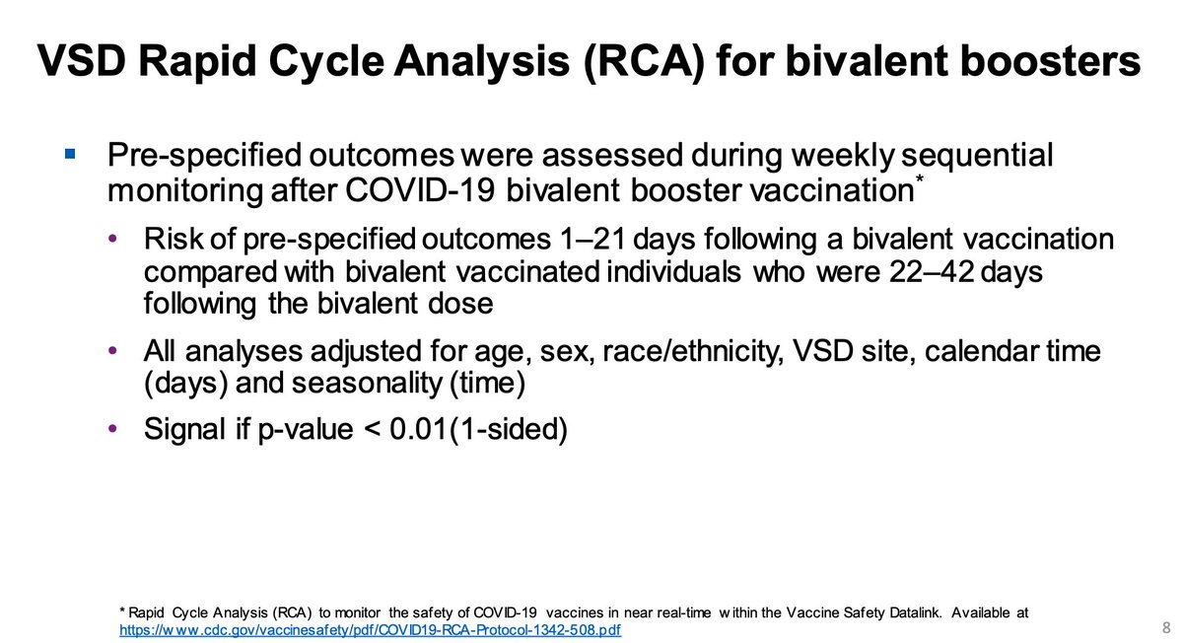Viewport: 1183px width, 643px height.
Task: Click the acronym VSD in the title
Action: tap(82, 61)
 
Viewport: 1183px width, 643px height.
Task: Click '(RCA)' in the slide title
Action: tap(645, 62)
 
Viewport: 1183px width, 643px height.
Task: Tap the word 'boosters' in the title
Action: tap(963, 61)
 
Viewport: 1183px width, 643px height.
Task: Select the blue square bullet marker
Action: tap(70, 154)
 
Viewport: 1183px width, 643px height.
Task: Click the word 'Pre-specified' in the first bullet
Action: tap(204, 156)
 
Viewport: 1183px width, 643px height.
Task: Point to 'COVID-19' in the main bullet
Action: tap(420, 190)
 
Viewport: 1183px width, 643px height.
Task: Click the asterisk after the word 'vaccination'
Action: tap(920, 179)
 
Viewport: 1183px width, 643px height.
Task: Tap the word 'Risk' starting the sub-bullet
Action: tap(174, 239)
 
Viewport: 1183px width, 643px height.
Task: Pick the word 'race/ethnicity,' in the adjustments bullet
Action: tap(692, 351)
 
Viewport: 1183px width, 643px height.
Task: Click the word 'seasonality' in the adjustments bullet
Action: tap(367, 383)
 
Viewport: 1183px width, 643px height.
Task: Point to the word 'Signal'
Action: tap(184, 428)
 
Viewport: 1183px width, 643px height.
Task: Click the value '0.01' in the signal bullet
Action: tap(418, 428)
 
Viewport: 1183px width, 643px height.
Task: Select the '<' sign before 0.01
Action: tap(373, 429)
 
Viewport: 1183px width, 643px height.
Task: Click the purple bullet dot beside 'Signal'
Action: tap(112, 428)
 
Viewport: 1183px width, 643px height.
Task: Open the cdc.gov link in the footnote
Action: tap(371, 630)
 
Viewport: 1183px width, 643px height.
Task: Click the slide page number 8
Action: tap(1166, 628)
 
